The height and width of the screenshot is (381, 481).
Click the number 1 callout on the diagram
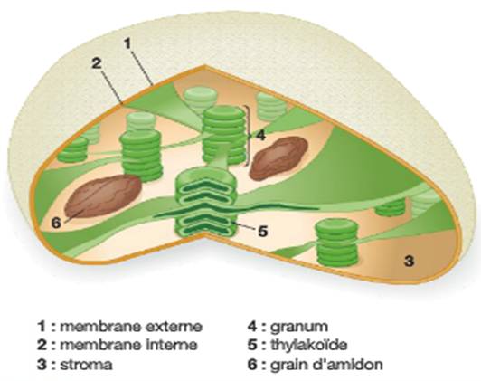coord(127,44)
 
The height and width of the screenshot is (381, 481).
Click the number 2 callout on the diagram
coord(97,63)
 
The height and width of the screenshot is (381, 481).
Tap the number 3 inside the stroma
coord(410,261)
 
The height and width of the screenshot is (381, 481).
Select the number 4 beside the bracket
coord(260,135)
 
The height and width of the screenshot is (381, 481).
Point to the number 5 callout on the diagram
coord(263,231)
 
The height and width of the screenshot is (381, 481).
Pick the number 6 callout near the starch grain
coord(56,224)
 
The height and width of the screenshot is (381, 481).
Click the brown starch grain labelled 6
coord(103,195)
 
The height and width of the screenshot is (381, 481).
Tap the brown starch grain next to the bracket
coord(278,158)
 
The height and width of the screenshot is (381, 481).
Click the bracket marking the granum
coord(247,135)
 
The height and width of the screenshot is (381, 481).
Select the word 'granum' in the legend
coord(298,326)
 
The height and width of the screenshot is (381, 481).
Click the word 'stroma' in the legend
coord(86,365)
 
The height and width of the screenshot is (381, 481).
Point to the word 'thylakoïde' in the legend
coord(309,345)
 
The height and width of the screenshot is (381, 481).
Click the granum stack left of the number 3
coord(337,242)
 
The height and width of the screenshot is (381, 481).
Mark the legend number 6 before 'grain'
coord(252,365)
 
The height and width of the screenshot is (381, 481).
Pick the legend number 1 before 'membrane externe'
coord(41,327)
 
